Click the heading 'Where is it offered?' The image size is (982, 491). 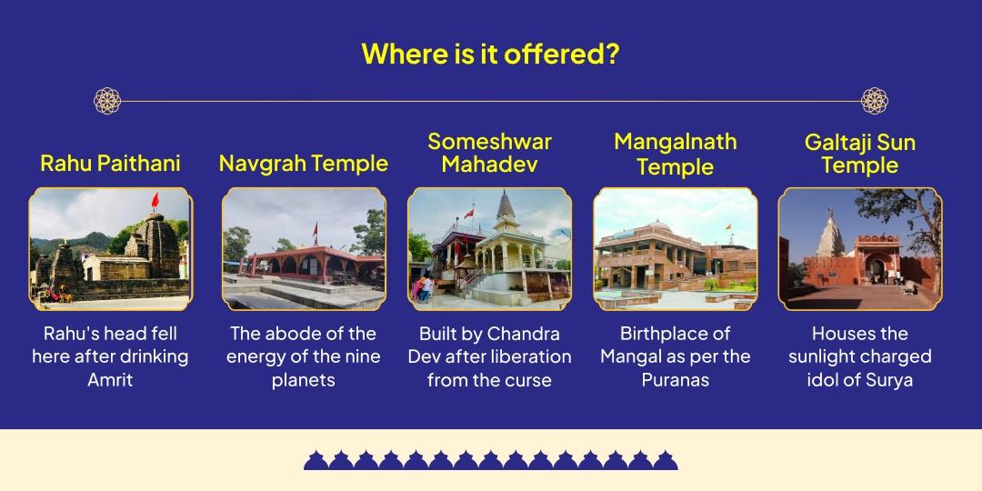(490, 54)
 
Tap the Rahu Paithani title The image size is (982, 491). (110, 164)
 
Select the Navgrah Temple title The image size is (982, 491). (303, 164)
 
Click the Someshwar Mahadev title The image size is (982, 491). (489, 153)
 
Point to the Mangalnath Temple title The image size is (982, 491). (675, 154)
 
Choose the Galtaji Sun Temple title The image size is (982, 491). (859, 154)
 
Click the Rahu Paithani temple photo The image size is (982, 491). (110, 249)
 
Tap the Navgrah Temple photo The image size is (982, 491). (303, 249)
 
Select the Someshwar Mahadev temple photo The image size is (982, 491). (489, 249)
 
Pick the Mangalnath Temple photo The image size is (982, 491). (675, 249)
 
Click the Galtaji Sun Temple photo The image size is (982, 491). (859, 249)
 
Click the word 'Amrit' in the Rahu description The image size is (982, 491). (110, 380)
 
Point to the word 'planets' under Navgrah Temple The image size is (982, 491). (303, 380)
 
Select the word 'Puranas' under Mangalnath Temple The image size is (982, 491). (675, 380)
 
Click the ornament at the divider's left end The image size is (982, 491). (107, 101)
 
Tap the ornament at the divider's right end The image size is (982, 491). (874, 101)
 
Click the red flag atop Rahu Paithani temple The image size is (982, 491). (154, 199)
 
